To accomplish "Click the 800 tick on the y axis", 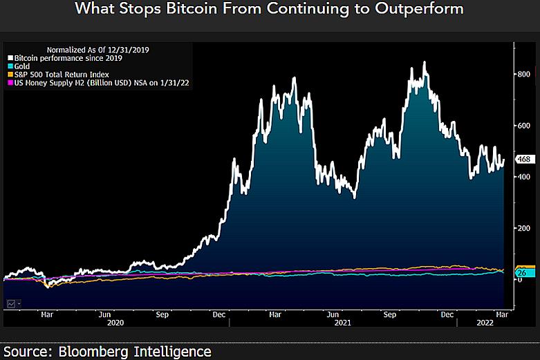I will [x=523, y=74].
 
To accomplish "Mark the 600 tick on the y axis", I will [x=523, y=125].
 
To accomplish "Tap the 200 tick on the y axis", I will [x=523, y=228].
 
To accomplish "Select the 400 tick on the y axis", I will [x=523, y=177].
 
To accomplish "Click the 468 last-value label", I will [x=523, y=160].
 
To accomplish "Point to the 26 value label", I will [x=522, y=273].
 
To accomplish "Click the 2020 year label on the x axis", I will [x=115, y=323].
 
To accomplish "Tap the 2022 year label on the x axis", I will [x=484, y=323].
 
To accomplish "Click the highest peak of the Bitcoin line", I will [x=424, y=62].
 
